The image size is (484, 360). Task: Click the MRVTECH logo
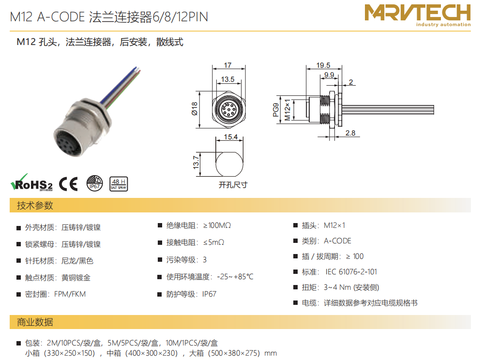click(418, 15)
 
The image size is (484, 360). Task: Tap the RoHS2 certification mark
click(31, 182)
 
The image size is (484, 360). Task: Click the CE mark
click(68, 184)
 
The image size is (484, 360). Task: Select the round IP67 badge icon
click(94, 183)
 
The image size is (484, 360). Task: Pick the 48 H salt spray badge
click(119, 184)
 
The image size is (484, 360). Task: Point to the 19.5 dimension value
click(323, 65)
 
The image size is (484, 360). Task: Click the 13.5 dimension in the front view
click(227, 79)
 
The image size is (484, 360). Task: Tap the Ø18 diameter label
click(194, 109)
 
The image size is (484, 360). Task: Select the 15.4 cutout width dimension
click(230, 136)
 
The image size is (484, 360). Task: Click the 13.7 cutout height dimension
click(196, 162)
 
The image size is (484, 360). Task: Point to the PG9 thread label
click(276, 110)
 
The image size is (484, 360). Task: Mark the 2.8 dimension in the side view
click(350, 133)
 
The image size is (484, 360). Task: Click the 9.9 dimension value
click(329, 75)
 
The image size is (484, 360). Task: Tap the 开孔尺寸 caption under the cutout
click(233, 185)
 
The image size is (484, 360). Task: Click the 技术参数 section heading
click(35, 206)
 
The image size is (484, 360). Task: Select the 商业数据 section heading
click(35, 322)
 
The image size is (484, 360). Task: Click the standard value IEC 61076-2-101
click(351, 272)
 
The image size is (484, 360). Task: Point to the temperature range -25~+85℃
click(235, 277)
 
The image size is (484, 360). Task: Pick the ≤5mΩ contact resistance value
click(213, 242)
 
